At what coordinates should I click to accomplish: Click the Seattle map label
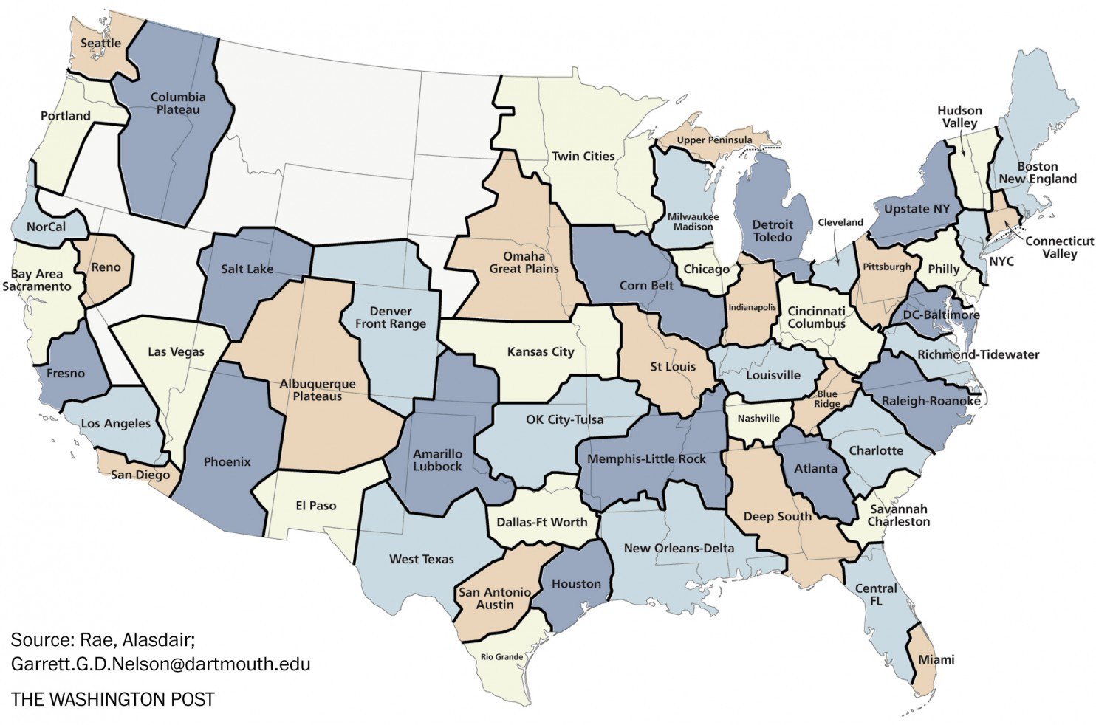[x=100, y=43]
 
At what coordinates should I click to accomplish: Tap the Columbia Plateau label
[x=178, y=103]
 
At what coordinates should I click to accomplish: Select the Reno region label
[x=106, y=267]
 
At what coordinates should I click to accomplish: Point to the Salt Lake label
[x=247, y=269]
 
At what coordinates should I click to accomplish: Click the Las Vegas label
[x=176, y=352]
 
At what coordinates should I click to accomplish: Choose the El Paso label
[x=315, y=506]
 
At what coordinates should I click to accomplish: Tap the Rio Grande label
[x=501, y=656]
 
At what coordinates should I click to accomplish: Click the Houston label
[x=576, y=584]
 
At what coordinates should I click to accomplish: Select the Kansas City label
[x=540, y=352]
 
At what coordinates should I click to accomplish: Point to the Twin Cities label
[x=583, y=157]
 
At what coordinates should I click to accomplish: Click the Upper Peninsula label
[x=714, y=140]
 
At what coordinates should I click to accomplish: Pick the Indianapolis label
[x=753, y=307]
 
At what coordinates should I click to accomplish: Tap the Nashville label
[x=758, y=419]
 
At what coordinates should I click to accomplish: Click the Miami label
[x=936, y=659]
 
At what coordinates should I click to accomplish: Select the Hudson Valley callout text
[x=959, y=117]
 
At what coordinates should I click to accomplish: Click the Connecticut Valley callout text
[x=1058, y=247]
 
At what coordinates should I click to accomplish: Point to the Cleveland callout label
[x=840, y=222]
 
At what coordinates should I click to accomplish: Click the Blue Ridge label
[x=827, y=399]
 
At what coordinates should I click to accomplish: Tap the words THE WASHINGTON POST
[x=112, y=699]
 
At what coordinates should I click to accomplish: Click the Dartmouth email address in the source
[x=160, y=664]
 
